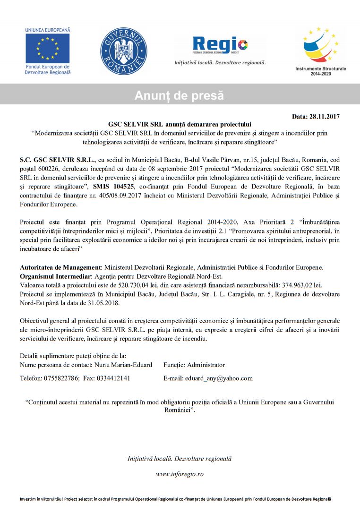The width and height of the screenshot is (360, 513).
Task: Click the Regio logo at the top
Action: pos(220,46)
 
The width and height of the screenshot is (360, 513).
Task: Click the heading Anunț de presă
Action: pos(180,95)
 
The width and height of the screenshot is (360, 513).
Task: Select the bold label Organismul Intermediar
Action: pos(55,276)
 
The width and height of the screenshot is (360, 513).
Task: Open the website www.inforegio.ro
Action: pos(180,474)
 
